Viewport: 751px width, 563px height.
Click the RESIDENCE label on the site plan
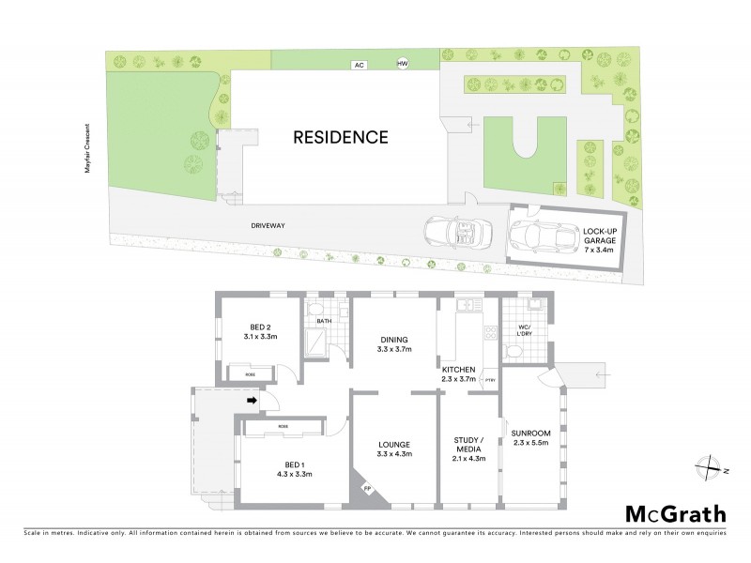pos(341,137)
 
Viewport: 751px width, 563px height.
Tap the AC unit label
pos(358,65)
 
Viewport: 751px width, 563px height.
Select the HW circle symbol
pos(404,63)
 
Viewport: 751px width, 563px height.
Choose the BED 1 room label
pos(283,468)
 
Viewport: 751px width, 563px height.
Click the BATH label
pos(324,322)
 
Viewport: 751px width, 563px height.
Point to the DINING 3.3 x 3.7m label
pos(394,344)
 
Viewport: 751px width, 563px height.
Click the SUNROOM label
pos(530,436)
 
